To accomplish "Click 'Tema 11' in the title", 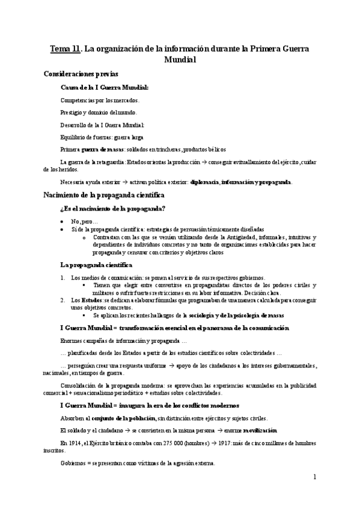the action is tap(65, 48).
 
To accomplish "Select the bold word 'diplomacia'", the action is tap(204, 182).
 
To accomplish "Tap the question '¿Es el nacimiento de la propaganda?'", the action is tap(113, 209).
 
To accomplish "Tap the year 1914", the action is tap(74, 443).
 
